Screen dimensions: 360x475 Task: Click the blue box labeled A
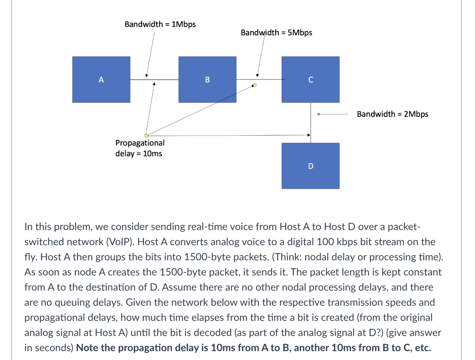click(x=101, y=79)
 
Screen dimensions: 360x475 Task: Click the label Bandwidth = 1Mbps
click(x=160, y=24)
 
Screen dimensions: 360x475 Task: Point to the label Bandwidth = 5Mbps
click(x=276, y=33)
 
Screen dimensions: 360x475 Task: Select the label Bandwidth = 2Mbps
click(x=392, y=114)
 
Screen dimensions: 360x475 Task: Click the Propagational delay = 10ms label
click(x=140, y=148)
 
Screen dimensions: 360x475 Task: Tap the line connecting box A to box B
click(x=165, y=80)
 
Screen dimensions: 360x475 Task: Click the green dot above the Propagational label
click(x=146, y=136)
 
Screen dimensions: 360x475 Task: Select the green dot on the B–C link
click(x=255, y=85)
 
